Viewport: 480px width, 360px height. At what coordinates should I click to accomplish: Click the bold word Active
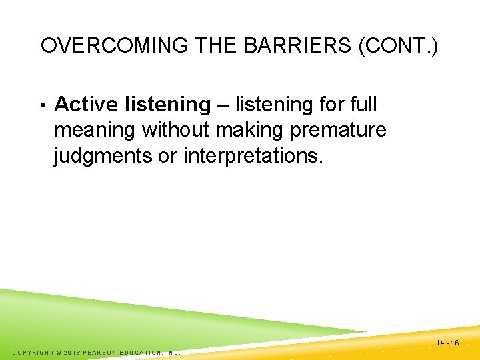click(85, 105)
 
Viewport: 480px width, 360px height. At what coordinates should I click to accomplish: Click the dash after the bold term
click(223, 105)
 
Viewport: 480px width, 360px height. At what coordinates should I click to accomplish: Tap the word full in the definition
click(363, 105)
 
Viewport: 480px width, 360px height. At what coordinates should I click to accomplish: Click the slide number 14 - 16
click(447, 343)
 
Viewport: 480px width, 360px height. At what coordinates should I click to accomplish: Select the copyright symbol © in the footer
click(58, 352)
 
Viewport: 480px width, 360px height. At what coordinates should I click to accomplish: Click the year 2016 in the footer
click(72, 352)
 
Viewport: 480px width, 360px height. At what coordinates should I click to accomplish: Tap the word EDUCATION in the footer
click(142, 352)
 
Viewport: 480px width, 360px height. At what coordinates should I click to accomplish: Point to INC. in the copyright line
click(173, 352)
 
